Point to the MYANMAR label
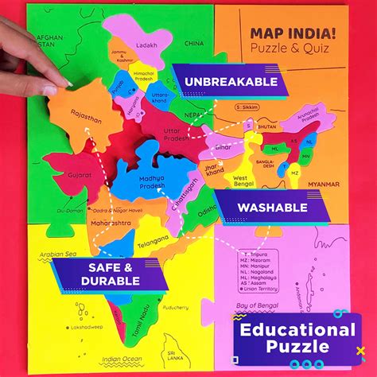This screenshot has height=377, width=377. click(328, 185)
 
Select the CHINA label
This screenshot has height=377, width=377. click(194, 44)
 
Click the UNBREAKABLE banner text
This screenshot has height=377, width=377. click(231, 81)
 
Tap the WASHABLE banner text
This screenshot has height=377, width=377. click(272, 208)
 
